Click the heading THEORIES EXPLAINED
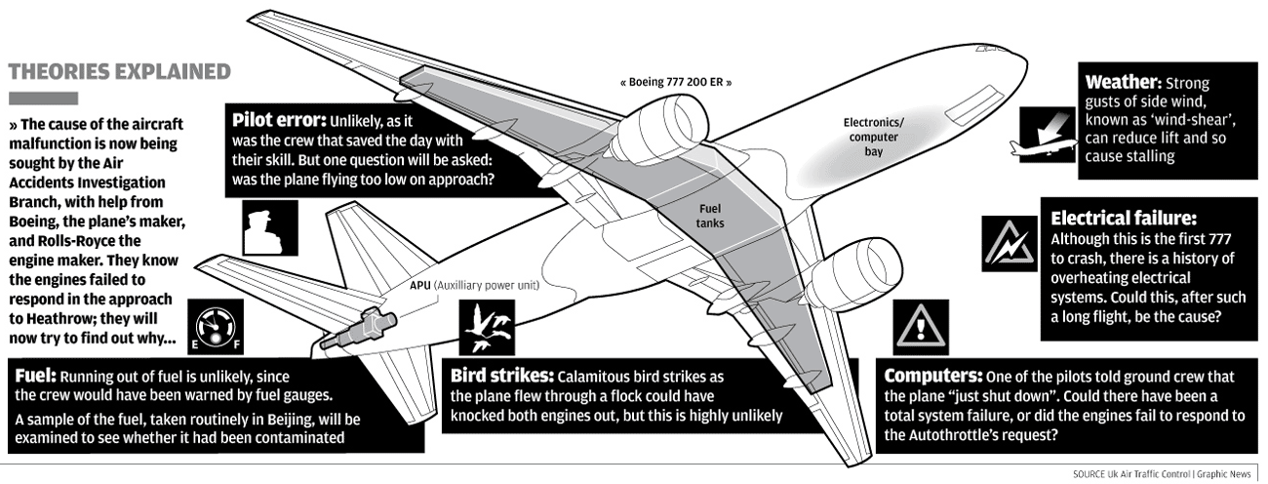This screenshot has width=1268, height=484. point(119,71)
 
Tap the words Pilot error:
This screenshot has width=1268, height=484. point(278,121)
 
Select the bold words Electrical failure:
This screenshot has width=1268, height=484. point(1123,219)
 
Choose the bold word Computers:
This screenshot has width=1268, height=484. point(933,376)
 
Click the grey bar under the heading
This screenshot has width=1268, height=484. point(42,98)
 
